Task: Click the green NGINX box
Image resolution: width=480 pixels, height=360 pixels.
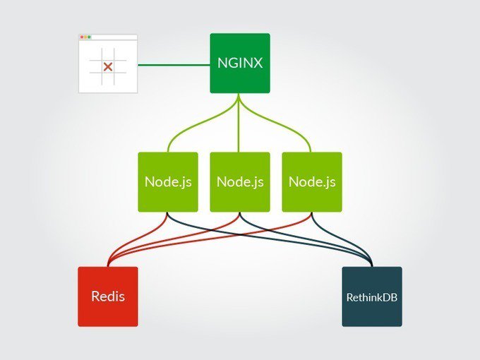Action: pyautogui.click(x=240, y=63)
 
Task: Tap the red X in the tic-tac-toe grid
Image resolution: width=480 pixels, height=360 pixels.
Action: pyautogui.click(x=108, y=66)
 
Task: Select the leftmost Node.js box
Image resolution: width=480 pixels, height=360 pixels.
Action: pyautogui.click(x=168, y=181)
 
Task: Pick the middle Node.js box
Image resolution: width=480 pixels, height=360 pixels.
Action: pyautogui.click(x=240, y=181)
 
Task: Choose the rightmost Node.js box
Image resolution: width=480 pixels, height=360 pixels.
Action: pyautogui.click(x=312, y=181)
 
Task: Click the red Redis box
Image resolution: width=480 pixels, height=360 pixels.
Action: pyautogui.click(x=108, y=296)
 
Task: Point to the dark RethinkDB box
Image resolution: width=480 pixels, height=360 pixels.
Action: pyautogui.click(x=372, y=296)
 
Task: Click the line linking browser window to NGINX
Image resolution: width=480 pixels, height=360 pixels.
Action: pyautogui.click(x=174, y=66)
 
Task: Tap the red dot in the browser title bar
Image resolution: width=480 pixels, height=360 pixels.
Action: pyautogui.click(x=81, y=37)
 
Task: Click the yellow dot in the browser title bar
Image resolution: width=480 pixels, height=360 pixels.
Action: pyautogui.click(x=85, y=37)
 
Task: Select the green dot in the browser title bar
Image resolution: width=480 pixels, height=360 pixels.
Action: pyautogui.click(x=90, y=37)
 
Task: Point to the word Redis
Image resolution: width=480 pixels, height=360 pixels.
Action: pyautogui.click(x=108, y=296)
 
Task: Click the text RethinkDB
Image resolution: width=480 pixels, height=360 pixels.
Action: pyautogui.click(x=372, y=297)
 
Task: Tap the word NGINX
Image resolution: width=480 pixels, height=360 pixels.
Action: pyautogui.click(x=240, y=63)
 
